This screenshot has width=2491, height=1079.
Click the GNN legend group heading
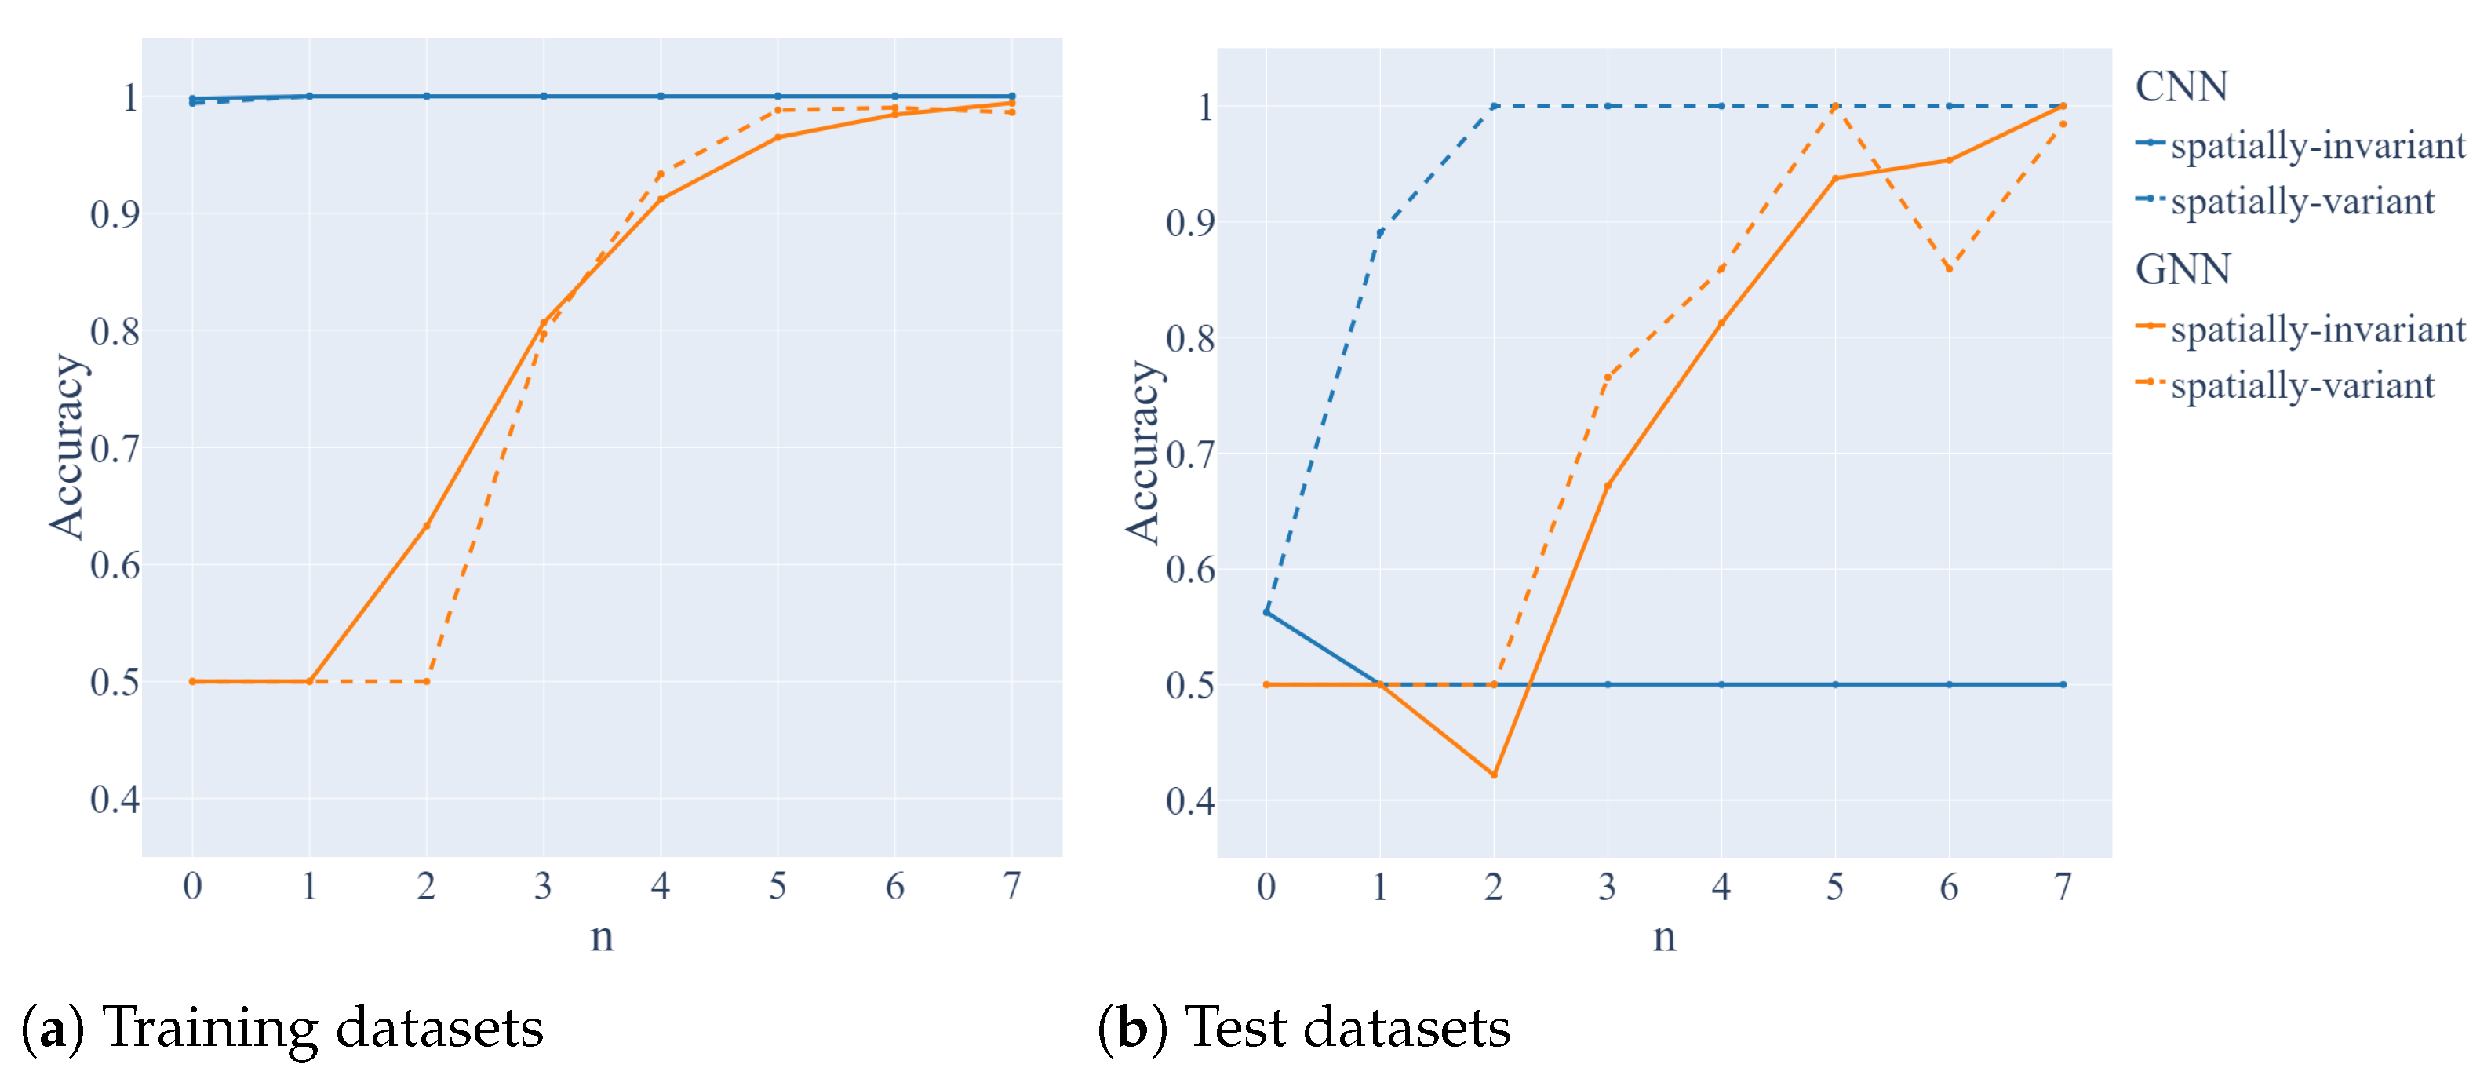pyautogui.click(x=2183, y=270)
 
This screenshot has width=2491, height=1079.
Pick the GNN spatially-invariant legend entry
pyautogui.click(x=2317, y=329)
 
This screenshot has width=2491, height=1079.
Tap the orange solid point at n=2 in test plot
pyautogui.click(x=1494, y=775)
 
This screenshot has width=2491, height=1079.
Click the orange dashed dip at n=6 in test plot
pyautogui.click(x=1949, y=269)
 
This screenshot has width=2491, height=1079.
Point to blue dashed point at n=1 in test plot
pyautogui.click(x=1380, y=233)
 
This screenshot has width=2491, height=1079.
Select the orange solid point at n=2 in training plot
pyautogui.click(x=427, y=526)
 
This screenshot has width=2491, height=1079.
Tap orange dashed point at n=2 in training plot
pyautogui.click(x=427, y=682)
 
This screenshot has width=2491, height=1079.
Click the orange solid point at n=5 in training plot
pyautogui.click(x=778, y=137)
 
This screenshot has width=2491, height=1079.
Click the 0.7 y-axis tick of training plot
pyautogui.click(x=114, y=450)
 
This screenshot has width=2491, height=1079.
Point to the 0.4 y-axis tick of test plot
pyautogui.click(x=1189, y=800)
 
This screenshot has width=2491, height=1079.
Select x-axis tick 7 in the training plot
pyautogui.click(x=1011, y=886)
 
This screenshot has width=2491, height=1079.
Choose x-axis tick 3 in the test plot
pyautogui.click(x=1607, y=887)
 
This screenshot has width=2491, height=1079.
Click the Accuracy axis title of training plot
pyautogui.click(x=67, y=447)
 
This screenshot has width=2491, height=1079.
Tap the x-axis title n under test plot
pyautogui.click(x=1663, y=936)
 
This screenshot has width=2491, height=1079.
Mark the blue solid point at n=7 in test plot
pyautogui.click(x=2063, y=684)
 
